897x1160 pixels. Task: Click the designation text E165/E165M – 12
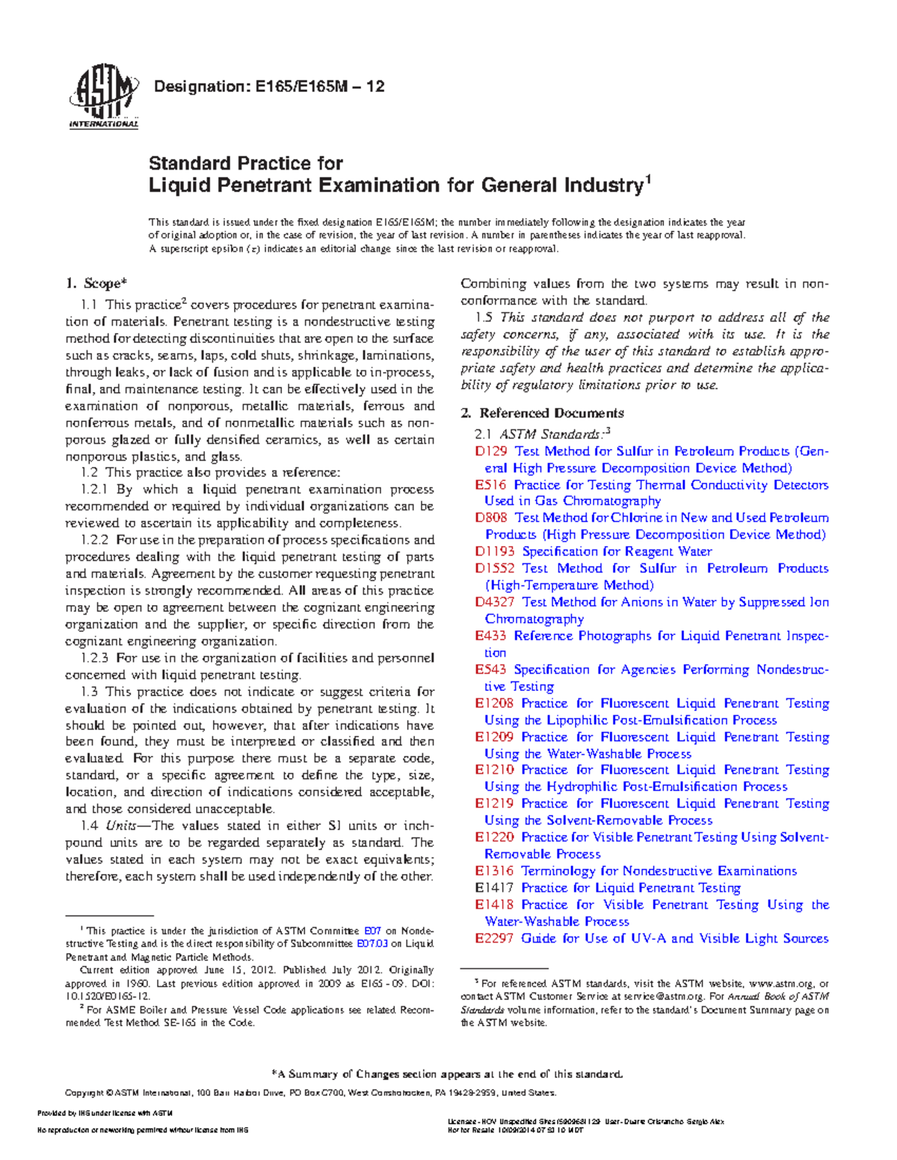click(268, 87)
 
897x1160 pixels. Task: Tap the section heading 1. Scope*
click(96, 283)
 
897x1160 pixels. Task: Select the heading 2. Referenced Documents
click(542, 413)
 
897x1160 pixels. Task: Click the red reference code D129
click(491, 451)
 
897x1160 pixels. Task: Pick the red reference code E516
click(490, 485)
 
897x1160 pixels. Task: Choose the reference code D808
click(491, 518)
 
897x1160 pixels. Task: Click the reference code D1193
click(494, 551)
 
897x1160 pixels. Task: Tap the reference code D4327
click(494, 602)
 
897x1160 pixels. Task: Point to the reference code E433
click(490, 636)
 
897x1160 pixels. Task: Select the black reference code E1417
click(494, 888)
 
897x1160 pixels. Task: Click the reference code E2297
click(494, 939)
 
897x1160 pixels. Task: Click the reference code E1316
click(494, 871)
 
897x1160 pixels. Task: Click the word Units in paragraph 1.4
click(120, 826)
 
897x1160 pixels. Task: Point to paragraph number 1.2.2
click(95, 540)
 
